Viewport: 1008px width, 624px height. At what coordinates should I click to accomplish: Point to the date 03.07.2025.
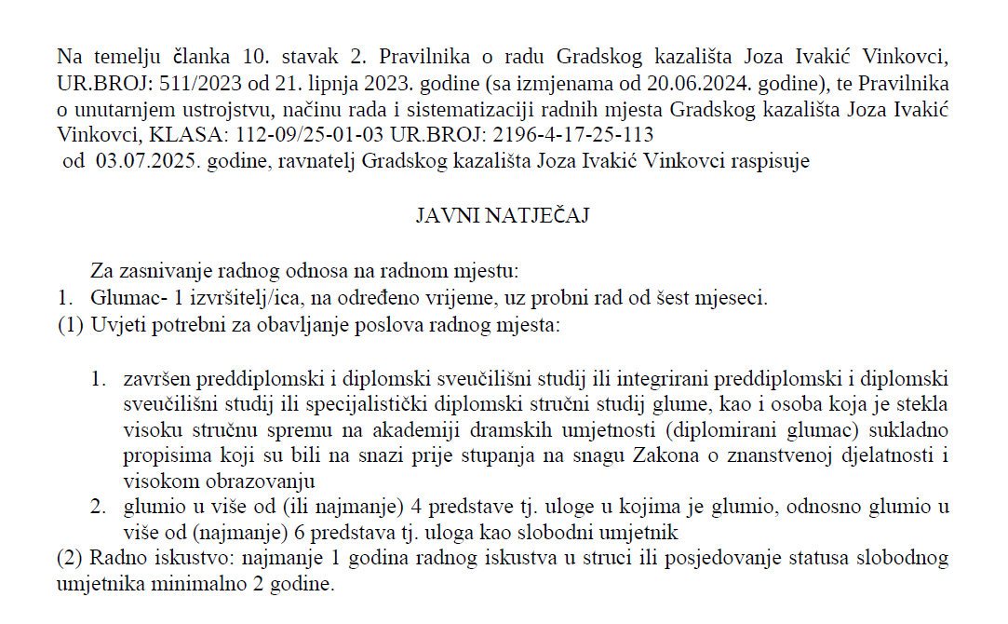click(136, 161)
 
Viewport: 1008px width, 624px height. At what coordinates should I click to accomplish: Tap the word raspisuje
click(773, 161)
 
